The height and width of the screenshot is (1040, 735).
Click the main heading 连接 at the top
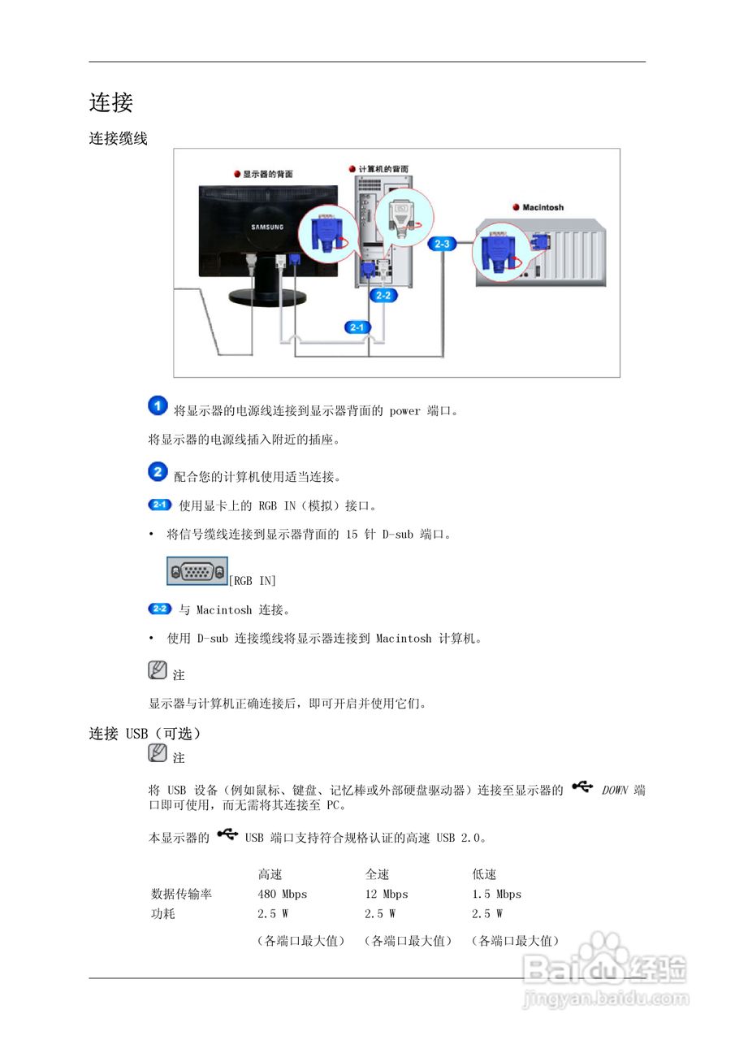pos(110,102)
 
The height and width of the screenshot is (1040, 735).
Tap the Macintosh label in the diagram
pos(542,207)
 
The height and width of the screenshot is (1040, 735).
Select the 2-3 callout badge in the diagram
pos(443,243)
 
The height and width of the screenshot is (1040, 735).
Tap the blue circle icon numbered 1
pos(158,406)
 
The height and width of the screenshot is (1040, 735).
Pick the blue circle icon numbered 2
pos(158,472)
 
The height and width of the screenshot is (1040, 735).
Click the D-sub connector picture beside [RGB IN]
pos(197,571)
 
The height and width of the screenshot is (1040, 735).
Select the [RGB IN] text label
pos(253,580)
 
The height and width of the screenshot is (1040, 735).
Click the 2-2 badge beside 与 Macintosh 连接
pos(160,609)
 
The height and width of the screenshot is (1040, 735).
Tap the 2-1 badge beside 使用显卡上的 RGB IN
pos(160,505)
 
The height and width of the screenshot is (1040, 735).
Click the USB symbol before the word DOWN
pos(582,786)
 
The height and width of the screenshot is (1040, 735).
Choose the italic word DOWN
pos(616,790)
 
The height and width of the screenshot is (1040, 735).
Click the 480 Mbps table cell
pos(283,894)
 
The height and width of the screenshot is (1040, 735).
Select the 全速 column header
pos(377,874)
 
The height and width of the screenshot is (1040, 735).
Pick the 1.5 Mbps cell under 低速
pos(496,894)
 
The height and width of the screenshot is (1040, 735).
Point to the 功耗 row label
pos(163,913)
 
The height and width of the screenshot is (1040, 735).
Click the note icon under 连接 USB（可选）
pos(158,754)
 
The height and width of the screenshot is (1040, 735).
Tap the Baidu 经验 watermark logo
pos(605,967)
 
